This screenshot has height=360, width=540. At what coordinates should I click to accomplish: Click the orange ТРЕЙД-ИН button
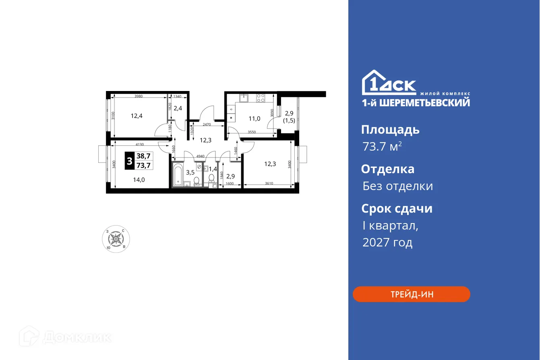pyautogui.click(x=411, y=294)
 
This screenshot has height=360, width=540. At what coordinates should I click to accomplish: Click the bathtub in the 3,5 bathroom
pyautogui.click(x=178, y=175)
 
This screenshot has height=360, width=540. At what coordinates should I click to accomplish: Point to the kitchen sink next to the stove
pyautogui.click(x=244, y=98)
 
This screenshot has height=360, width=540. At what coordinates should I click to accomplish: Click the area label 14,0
pyautogui.click(x=139, y=180)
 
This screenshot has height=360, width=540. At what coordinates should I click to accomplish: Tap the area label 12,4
pyautogui.click(x=137, y=116)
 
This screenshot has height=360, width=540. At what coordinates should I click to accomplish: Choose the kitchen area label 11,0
pyautogui.click(x=254, y=118)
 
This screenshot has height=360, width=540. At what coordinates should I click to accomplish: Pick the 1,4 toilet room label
pyautogui.click(x=213, y=169)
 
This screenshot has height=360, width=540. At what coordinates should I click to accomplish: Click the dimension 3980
pyautogui.click(x=139, y=96)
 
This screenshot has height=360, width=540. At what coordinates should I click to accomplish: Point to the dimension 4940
pyautogui.click(x=200, y=156)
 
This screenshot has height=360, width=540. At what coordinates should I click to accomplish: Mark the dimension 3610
pyautogui.click(x=269, y=184)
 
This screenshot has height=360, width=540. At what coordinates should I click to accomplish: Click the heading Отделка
pyautogui.click(x=387, y=169)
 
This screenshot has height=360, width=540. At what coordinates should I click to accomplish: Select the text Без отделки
pyautogui.click(x=397, y=186)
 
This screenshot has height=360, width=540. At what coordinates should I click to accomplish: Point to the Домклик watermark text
pyautogui.click(x=77, y=337)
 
